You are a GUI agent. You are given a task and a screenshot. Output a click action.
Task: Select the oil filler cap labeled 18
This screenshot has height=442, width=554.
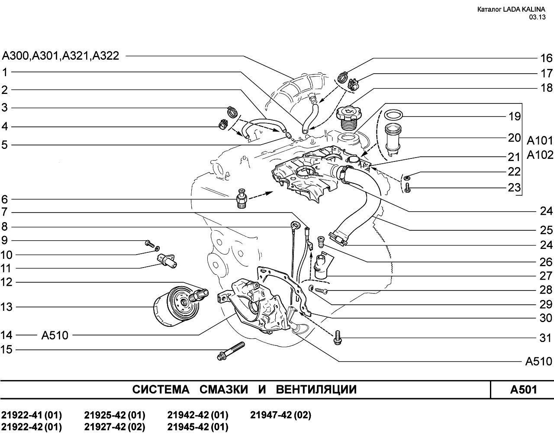pyautogui.click(x=349, y=117)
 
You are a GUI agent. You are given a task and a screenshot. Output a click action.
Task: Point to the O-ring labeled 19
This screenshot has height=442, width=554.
pyautogui.click(x=393, y=115)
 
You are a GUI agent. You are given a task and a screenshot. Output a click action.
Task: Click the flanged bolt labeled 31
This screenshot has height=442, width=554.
pyautogui.click(x=338, y=338)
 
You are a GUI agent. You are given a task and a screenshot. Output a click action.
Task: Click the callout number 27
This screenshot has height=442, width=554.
pyautogui.click(x=546, y=276)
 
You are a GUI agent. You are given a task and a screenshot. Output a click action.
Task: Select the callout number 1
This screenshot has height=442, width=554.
pyautogui.click(x=5, y=72)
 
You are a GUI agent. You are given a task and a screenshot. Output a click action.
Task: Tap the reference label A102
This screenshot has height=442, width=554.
pyautogui.click(x=540, y=155)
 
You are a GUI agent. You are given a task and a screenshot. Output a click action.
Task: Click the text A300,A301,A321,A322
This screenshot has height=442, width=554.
pyautogui.click(x=61, y=56)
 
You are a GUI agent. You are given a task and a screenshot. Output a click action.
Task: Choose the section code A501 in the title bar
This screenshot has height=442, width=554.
pyautogui.click(x=523, y=390)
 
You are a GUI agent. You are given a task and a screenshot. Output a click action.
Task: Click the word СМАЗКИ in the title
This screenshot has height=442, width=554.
pyautogui.click(x=223, y=390)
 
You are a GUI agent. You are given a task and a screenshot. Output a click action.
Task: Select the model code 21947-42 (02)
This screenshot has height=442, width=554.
pyautogui.click(x=280, y=415)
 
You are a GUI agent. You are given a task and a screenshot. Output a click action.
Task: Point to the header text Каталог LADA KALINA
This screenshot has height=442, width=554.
pyautogui.click(x=511, y=10)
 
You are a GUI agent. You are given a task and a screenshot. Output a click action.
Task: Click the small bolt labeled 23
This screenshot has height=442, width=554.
pyautogui.click(x=407, y=187)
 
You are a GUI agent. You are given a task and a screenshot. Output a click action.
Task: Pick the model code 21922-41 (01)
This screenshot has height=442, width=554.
pyautogui.click(x=32, y=415)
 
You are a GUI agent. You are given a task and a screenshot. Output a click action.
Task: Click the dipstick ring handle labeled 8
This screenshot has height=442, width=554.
pyautogui.click(x=295, y=225)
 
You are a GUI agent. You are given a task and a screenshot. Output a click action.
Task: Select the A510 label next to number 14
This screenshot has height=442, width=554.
pyautogui.click(x=55, y=335)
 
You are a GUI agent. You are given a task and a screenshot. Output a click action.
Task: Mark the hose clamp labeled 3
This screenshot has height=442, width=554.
pyautogui.click(x=232, y=111)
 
